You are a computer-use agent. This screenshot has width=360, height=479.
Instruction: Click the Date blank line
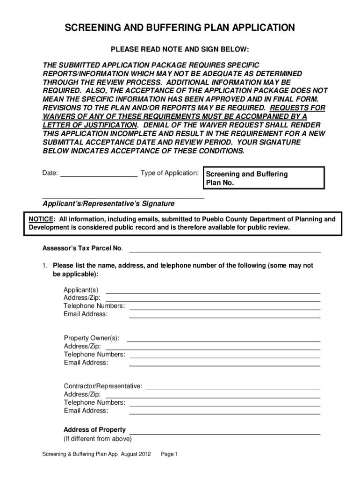(99, 177)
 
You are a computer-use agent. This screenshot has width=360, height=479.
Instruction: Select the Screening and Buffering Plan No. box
(263, 178)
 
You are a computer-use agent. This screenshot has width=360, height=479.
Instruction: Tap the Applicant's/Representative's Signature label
(108, 204)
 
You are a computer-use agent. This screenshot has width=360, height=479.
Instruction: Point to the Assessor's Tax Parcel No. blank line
(225, 251)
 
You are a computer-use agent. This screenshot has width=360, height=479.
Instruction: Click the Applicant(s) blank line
(213, 293)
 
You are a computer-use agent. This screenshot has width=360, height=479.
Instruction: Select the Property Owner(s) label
(91, 338)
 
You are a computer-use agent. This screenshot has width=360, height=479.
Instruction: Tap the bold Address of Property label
(94, 429)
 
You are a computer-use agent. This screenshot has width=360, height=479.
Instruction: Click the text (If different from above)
(98, 439)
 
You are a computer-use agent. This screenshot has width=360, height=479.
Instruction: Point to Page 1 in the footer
(169, 454)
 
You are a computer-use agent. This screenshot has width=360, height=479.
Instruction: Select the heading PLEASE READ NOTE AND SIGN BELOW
(180, 50)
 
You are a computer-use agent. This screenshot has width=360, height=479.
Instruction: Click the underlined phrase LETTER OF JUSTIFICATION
(90, 125)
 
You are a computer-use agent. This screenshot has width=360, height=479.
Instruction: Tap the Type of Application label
(170, 173)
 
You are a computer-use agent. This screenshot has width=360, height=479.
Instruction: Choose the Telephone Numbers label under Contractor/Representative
(94, 402)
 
